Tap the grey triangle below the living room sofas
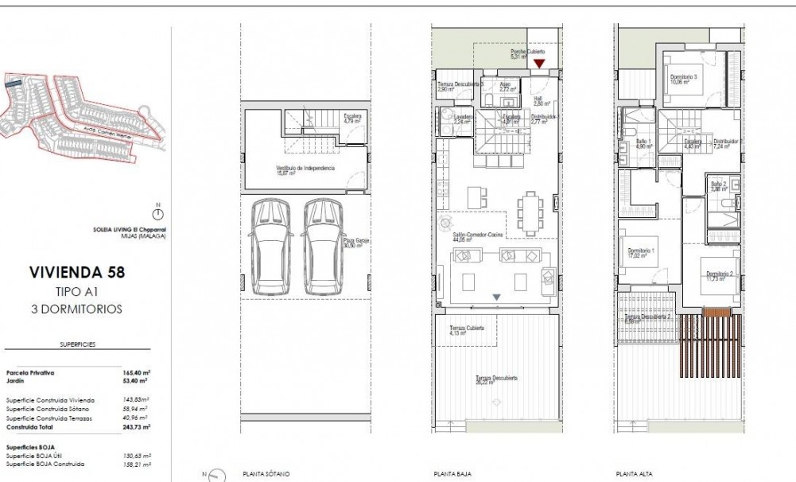[x=496, y=297]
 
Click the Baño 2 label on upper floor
[x=719, y=185]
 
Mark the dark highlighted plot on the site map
[x=12, y=81]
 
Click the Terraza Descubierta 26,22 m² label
[x=497, y=379]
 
